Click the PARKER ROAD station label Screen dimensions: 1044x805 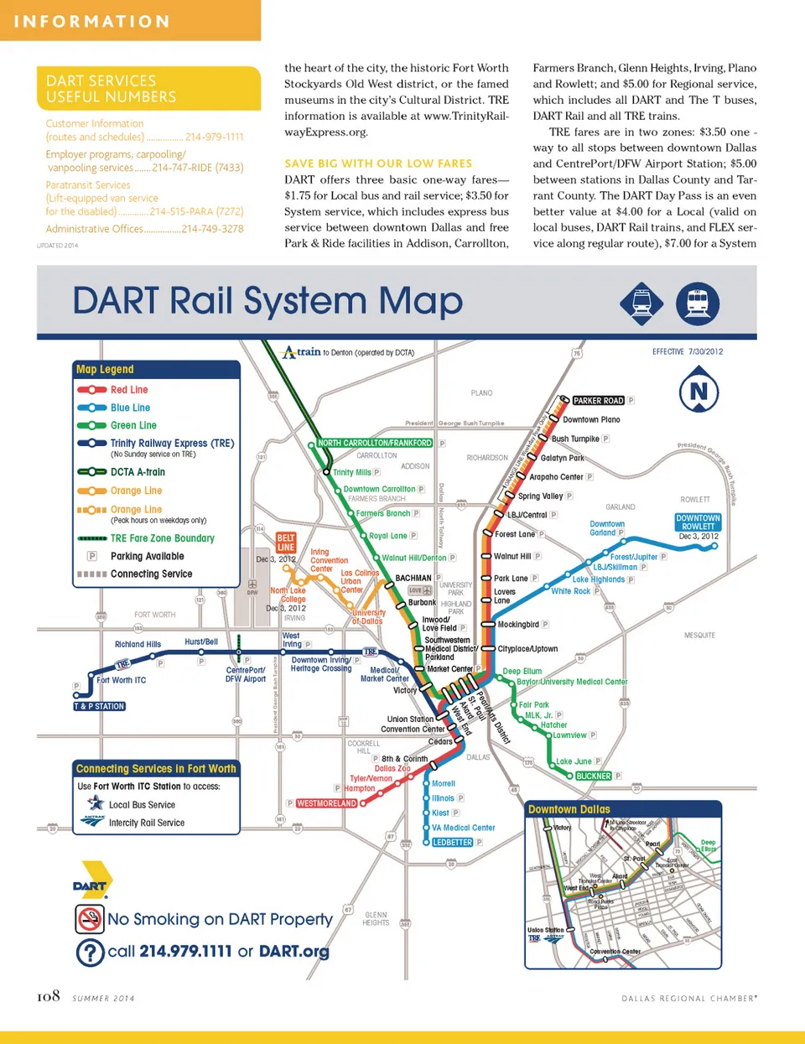click(598, 401)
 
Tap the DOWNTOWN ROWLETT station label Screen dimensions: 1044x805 click(698, 522)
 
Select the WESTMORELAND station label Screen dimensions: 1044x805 click(326, 803)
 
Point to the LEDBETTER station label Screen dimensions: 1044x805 click(453, 842)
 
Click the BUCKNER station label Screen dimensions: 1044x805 click(594, 776)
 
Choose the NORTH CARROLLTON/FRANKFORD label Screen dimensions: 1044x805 click(375, 443)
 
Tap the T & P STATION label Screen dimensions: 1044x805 click(99, 706)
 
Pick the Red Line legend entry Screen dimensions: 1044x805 click(128, 390)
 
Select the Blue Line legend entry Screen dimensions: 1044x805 click(130, 408)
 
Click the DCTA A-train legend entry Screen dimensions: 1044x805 click(138, 472)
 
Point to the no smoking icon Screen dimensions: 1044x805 click(90, 919)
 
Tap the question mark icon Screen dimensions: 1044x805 click(90, 952)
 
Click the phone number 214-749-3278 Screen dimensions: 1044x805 click(212, 229)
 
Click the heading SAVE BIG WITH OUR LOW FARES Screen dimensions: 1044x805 click(378, 164)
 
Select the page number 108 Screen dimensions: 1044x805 click(49, 996)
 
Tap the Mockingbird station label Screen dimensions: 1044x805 click(517, 625)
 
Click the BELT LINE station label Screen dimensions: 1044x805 click(286, 543)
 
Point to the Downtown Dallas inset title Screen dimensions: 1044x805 click(569, 809)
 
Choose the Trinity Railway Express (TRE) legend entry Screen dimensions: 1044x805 click(172, 443)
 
